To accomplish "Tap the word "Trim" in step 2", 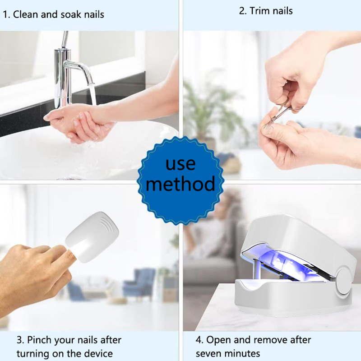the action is pyautogui.click(x=259, y=11).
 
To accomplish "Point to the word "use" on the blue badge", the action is pyautogui.click(x=180, y=163).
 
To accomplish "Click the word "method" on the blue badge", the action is pyautogui.click(x=180, y=184).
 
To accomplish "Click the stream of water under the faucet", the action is pyautogui.click(x=93, y=94).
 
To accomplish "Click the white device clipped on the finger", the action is pyautogui.click(x=92, y=237).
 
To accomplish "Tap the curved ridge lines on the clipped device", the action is pyautogui.click(x=109, y=224).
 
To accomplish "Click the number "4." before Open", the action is pyautogui.click(x=199, y=340).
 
